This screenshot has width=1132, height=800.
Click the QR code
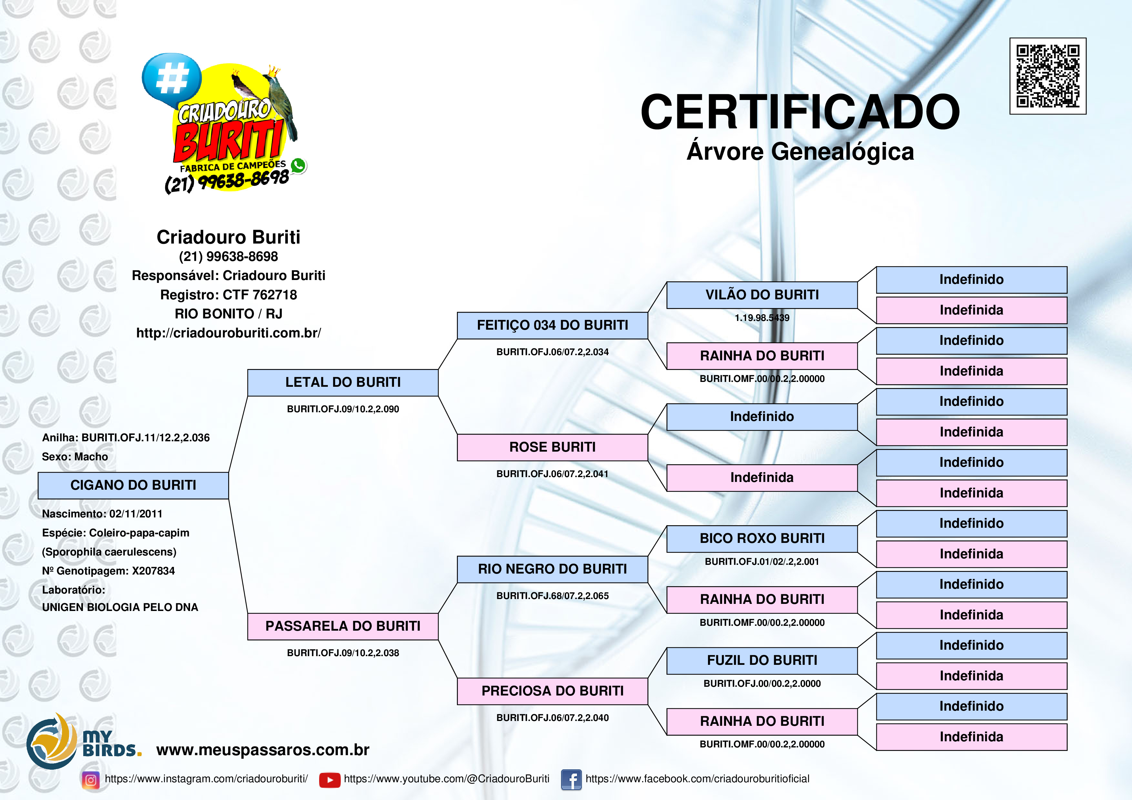click(1048, 76)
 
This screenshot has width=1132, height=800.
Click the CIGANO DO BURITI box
click(133, 485)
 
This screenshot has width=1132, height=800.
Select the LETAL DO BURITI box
click(343, 383)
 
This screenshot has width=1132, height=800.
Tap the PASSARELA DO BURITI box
click(343, 626)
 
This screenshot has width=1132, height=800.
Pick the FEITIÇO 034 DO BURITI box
click(552, 325)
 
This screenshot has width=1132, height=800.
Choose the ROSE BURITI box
click(552, 447)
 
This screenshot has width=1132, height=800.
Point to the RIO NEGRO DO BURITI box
click(552, 569)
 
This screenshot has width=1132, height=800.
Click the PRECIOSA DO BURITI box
click(552, 691)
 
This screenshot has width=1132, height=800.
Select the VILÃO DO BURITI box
click(762, 295)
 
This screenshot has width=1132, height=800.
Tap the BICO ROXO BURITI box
click(762, 539)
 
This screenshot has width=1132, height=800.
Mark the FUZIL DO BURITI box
click(762, 661)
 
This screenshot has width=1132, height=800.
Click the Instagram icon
click(91, 780)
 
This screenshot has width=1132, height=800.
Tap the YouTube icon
click(329, 780)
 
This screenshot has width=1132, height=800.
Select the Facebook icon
click(571, 780)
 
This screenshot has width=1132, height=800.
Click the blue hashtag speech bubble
click(172, 79)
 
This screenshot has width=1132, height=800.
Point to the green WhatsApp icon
click(298, 165)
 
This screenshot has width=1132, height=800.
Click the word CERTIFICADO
click(800, 112)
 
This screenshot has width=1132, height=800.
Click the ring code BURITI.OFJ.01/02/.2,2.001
click(762, 561)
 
